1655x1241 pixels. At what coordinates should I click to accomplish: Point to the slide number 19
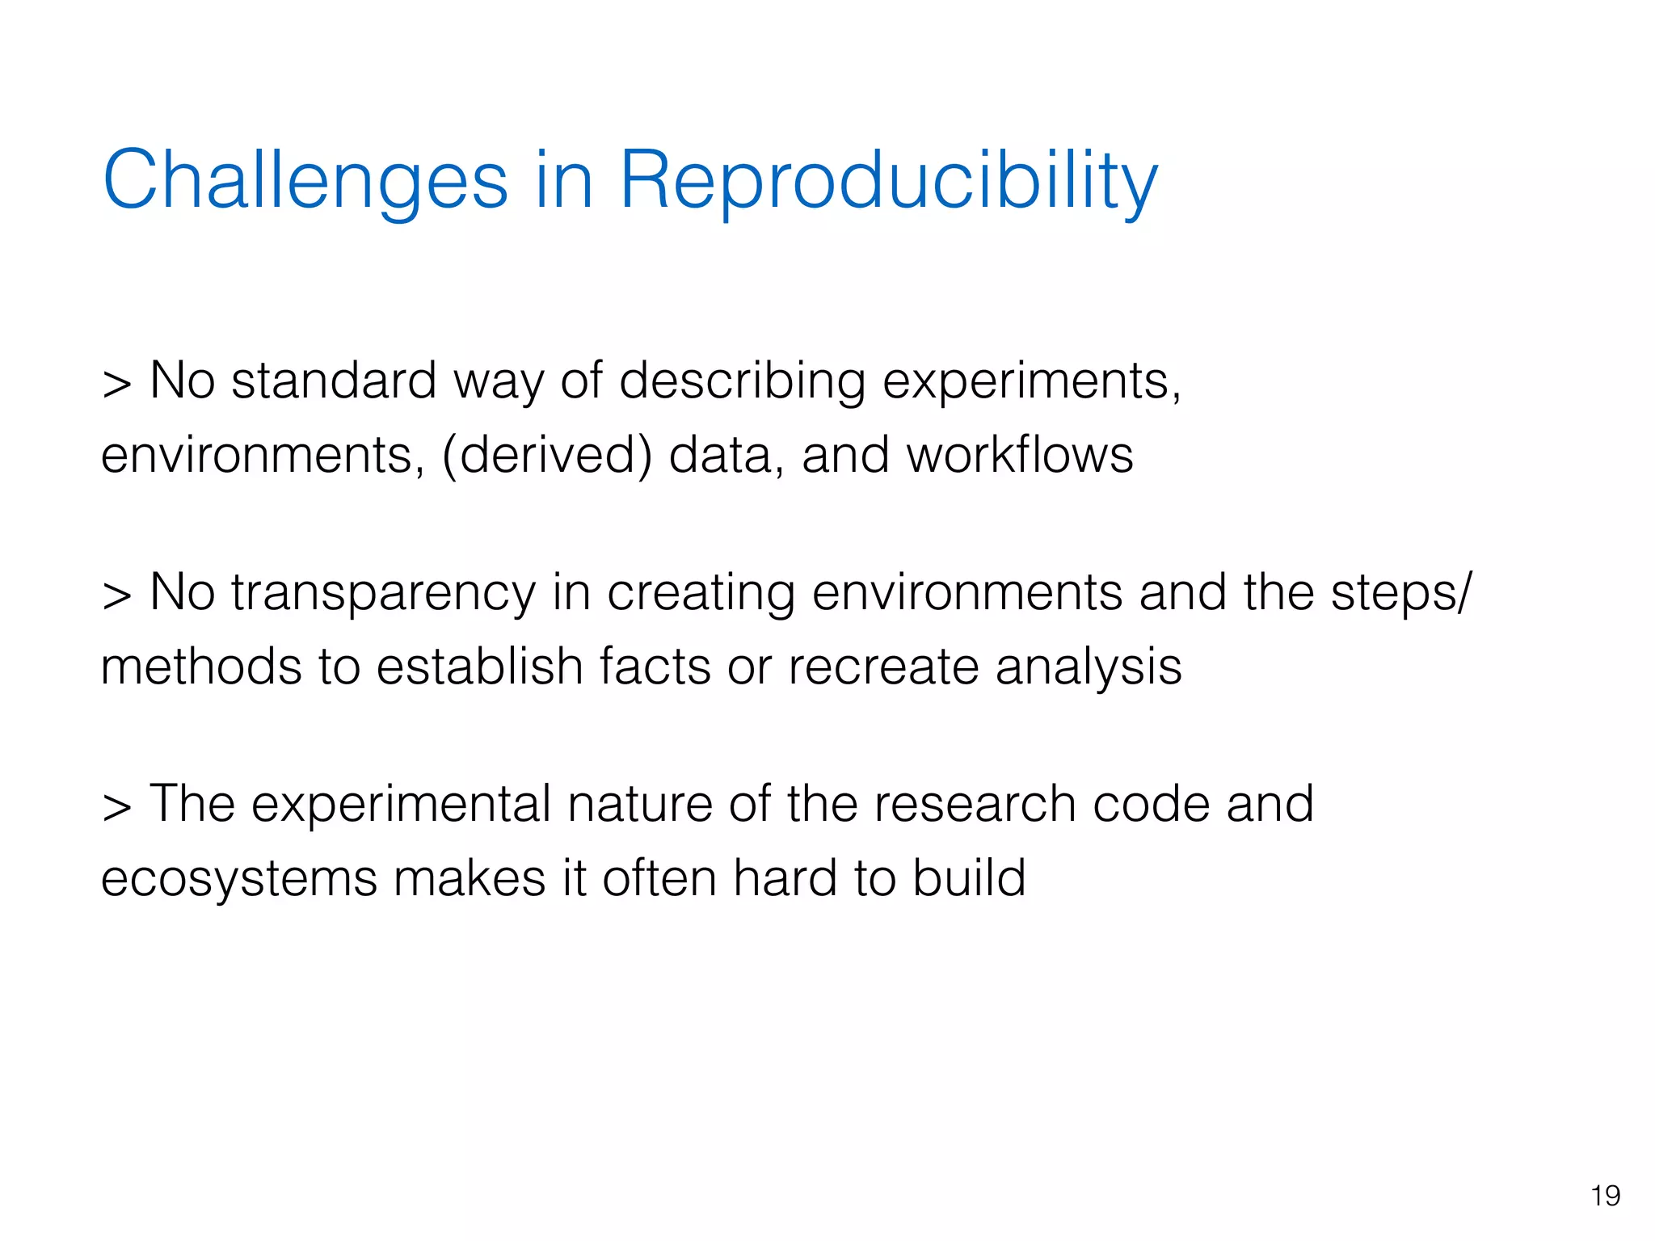(x=1605, y=1195)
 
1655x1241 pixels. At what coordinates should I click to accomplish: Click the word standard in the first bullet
(x=333, y=381)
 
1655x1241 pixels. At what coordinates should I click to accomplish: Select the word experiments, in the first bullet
(x=1031, y=382)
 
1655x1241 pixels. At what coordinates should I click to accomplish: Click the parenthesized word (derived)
(x=546, y=455)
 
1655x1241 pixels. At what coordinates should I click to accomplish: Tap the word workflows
(x=1020, y=455)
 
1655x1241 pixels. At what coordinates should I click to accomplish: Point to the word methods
(x=201, y=667)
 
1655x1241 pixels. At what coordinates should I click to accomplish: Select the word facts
(x=655, y=667)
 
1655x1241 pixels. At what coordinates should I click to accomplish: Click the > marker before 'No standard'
(x=116, y=384)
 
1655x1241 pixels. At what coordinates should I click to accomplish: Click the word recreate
(x=882, y=667)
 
